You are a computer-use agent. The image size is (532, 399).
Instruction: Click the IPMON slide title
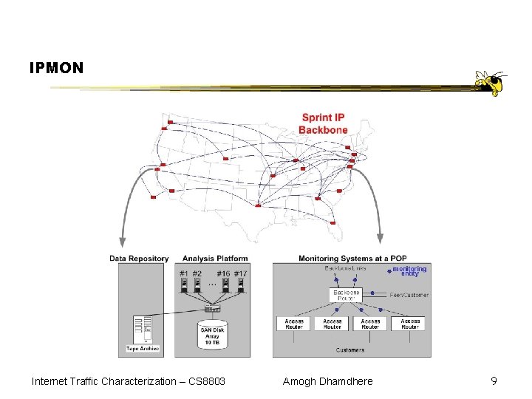tap(57, 68)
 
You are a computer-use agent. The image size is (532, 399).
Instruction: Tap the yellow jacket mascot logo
tap(490, 83)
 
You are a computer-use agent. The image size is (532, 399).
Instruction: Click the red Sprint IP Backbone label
tap(323, 124)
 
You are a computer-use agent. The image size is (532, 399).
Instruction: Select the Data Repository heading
tap(139, 259)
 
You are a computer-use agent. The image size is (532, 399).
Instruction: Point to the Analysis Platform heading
tap(214, 259)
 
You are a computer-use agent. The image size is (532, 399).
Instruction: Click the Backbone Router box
tap(346, 295)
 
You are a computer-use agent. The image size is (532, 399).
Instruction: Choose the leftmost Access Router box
tap(294, 323)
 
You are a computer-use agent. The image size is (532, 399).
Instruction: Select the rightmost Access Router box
tap(412, 323)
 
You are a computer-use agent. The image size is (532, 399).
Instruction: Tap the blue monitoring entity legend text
tap(409, 271)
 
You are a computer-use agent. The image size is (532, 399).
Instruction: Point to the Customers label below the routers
tap(350, 349)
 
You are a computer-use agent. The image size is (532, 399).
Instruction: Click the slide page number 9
tap(494, 381)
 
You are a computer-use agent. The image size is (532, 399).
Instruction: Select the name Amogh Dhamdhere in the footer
tap(327, 381)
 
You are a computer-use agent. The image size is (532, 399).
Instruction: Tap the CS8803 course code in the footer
tap(206, 381)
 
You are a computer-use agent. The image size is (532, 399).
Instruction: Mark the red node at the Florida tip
tap(332, 222)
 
